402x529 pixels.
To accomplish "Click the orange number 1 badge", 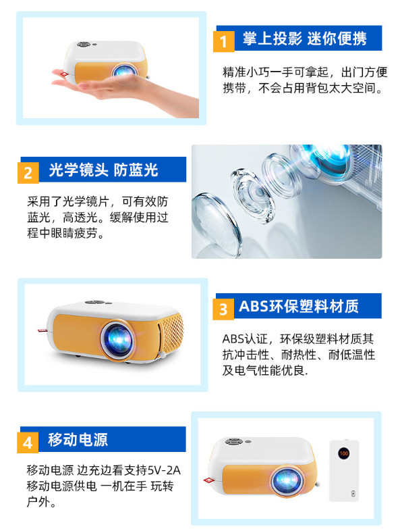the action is tap(223, 41).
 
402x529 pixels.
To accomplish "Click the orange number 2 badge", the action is tap(28, 173).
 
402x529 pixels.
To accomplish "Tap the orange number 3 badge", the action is tap(223, 309).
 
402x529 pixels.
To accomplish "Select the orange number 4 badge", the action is tap(28, 443).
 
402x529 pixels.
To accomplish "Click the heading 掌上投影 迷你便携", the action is tap(305, 38).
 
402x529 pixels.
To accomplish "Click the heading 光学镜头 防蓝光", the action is tap(103, 170).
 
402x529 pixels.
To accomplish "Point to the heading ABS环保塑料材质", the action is tap(299, 306).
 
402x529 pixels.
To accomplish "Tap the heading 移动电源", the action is tap(78, 439).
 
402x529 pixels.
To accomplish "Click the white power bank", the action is tap(344, 470).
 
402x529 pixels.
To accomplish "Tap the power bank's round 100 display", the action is tap(344, 453).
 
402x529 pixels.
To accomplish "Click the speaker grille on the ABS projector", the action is tap(172, 333).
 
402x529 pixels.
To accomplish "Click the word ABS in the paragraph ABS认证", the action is tap(233, 338).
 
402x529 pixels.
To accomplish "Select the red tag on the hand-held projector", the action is tap(63, 75).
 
